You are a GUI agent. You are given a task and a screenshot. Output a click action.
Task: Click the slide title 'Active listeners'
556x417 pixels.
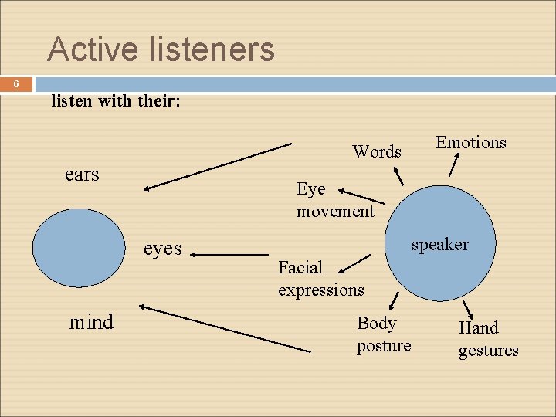pos(161,49)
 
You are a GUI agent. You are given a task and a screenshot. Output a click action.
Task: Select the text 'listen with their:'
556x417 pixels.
pos(115,100)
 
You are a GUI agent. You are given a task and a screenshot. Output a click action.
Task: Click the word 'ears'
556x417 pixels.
pos(82,175)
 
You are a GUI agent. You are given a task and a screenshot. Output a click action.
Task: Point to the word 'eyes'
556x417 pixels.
pos(163,248)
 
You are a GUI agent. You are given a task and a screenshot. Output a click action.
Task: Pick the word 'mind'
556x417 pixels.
pos(91,321)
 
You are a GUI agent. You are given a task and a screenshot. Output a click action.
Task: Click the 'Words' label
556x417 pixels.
pos(377,151)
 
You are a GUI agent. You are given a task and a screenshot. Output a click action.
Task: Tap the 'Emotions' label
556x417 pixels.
pos(471,142)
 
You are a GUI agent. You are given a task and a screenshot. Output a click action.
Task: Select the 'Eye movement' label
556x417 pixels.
pos(334,199)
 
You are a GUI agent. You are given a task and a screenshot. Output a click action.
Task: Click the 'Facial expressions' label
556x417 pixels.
pos(320,278)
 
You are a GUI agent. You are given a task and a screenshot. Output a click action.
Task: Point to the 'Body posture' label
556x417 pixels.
pos(383,334)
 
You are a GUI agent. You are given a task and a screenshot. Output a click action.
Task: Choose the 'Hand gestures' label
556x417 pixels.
pos(488,338)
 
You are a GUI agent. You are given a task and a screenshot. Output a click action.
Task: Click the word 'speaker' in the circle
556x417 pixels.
pos(439,245)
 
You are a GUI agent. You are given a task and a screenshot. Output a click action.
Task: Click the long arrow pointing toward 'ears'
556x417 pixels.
pos(219,165)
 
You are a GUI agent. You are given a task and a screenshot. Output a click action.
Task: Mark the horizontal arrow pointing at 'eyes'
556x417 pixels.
pos(230,253)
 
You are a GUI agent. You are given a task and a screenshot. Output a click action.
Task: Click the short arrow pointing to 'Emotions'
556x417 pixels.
pos(455,164)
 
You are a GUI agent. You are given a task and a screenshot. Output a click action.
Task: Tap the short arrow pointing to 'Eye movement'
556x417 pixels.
pos(361,196)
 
